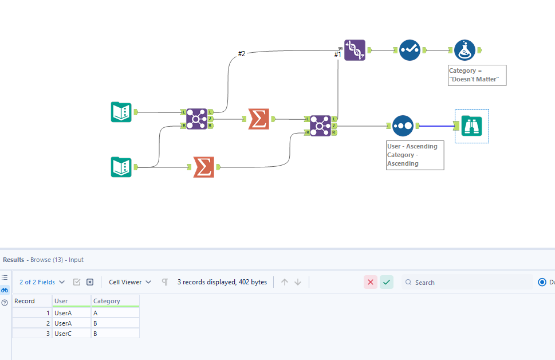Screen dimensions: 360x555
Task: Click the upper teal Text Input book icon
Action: click(x=121, y=112)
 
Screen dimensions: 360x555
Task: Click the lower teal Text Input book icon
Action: click(x=121, y=167)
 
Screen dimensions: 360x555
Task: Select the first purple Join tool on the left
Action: click(x=196, y=119)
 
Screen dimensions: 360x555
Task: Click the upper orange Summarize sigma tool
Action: click(x=258, y=119)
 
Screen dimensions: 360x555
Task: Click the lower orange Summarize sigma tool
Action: click(x=203, y=167)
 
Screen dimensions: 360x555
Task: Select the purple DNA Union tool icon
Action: click(x=355, y=50)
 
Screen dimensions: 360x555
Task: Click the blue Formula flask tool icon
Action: click(x=465, y=50)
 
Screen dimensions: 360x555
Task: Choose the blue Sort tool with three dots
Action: click(x=403, y=125)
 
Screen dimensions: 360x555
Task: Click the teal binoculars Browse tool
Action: click(x=472, y=126)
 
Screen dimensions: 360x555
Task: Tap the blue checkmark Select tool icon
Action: click(x=410, y=50)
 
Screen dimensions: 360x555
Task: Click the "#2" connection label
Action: click(x=242, y=54)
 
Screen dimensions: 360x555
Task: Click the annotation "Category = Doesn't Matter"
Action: click(x=477, y=75)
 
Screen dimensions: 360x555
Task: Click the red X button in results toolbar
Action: click(x=370, y=282)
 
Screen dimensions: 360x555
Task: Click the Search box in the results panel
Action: click(x=467, y=282)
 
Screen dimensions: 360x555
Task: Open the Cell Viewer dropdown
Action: click(x=131, y=282)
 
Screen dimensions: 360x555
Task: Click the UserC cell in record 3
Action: click(x=71, y=333)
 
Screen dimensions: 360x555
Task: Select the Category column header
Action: click(x=114, y=301)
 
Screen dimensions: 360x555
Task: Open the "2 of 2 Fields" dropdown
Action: click(x=42, y=282)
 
